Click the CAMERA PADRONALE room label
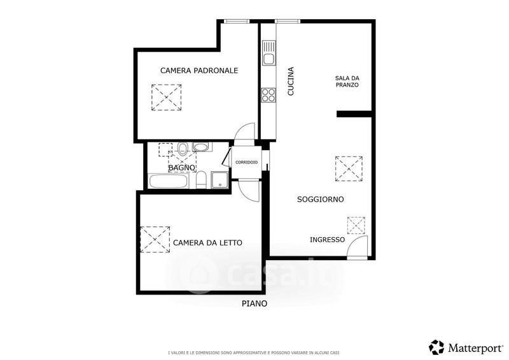(199, 71)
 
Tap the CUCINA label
(291, 81)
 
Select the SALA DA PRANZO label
(347, 81)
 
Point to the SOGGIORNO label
(321, 199)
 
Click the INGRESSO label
(327, 240)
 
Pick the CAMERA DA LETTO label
(207, 243)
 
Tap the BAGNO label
(182, 168)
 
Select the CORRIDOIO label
(246, 162)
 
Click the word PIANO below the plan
(254, 303)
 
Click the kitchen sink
(268, 53)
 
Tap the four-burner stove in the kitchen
(268, 95)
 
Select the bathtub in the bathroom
(169, 181)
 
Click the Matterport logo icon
(436, 347)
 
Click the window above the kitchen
(288, 22)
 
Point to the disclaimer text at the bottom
(254, 352)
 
